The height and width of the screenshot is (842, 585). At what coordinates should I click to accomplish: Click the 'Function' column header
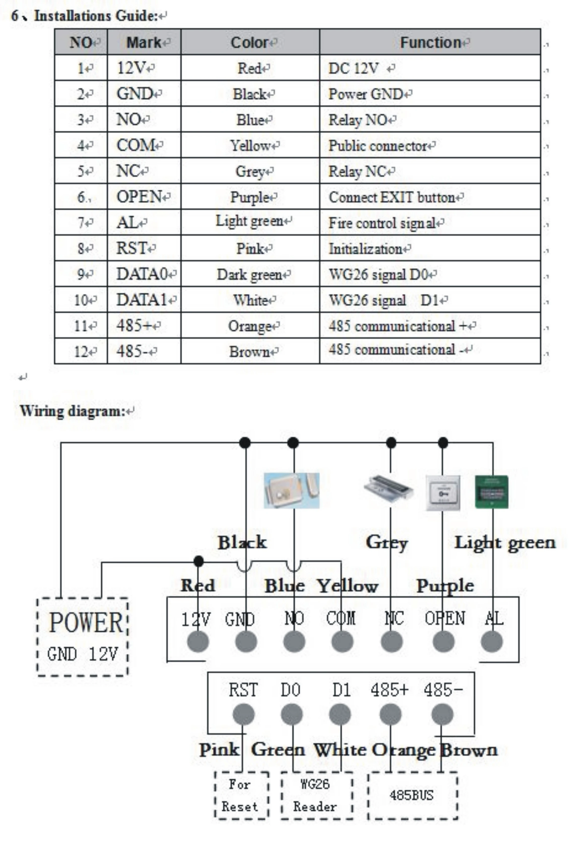pos(430,43)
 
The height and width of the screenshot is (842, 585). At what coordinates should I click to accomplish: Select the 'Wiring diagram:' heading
pos(73,411)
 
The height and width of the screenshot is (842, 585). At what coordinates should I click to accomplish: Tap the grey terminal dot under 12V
pos(198,642)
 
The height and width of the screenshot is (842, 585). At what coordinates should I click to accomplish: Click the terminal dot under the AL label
pos(492,642)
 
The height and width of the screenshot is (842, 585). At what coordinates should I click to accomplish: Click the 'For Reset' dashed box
pos(242,795)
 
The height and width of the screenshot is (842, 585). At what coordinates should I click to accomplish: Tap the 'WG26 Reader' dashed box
pos(317,795)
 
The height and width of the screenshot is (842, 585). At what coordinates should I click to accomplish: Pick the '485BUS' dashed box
pos(412,795)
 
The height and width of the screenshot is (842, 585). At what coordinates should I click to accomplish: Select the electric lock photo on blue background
pos(291,490)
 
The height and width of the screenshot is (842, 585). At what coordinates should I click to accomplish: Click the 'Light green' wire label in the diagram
pos(505,543)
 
